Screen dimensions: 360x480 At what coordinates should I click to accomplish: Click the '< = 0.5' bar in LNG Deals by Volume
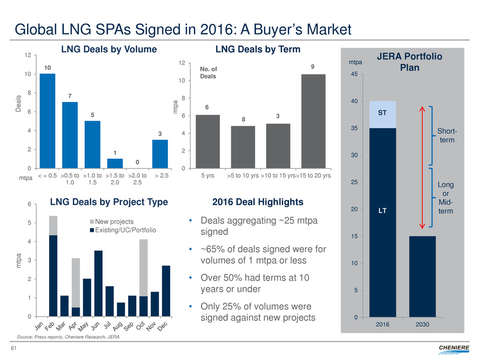point(47,121)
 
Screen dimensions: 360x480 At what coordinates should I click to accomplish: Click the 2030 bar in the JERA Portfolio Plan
point(422,276)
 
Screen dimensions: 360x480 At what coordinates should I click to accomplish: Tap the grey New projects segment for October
point(143,268)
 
